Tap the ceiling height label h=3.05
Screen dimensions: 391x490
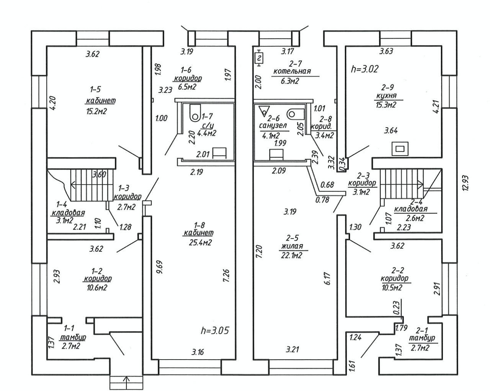point(214,330)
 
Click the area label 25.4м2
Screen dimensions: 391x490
point(199,242)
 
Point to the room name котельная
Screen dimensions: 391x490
point(292,71)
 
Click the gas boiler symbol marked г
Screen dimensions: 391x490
point(260,58)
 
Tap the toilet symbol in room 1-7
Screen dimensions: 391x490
point(195,112)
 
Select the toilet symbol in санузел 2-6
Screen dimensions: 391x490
point(296,113)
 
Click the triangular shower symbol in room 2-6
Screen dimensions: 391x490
point(264,111)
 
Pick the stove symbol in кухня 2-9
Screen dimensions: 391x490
point(400,148)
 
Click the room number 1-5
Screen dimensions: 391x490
point(95,89)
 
